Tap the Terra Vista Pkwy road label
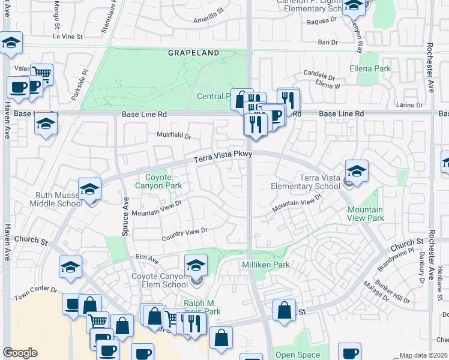tap(221, 157)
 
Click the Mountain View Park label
tap(365, 214)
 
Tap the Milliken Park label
tap(265, 265)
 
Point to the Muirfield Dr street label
tap(173, 136)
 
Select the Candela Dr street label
tap(319, 76)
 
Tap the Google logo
tap(20, 353)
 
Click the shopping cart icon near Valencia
tap(41, 73)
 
